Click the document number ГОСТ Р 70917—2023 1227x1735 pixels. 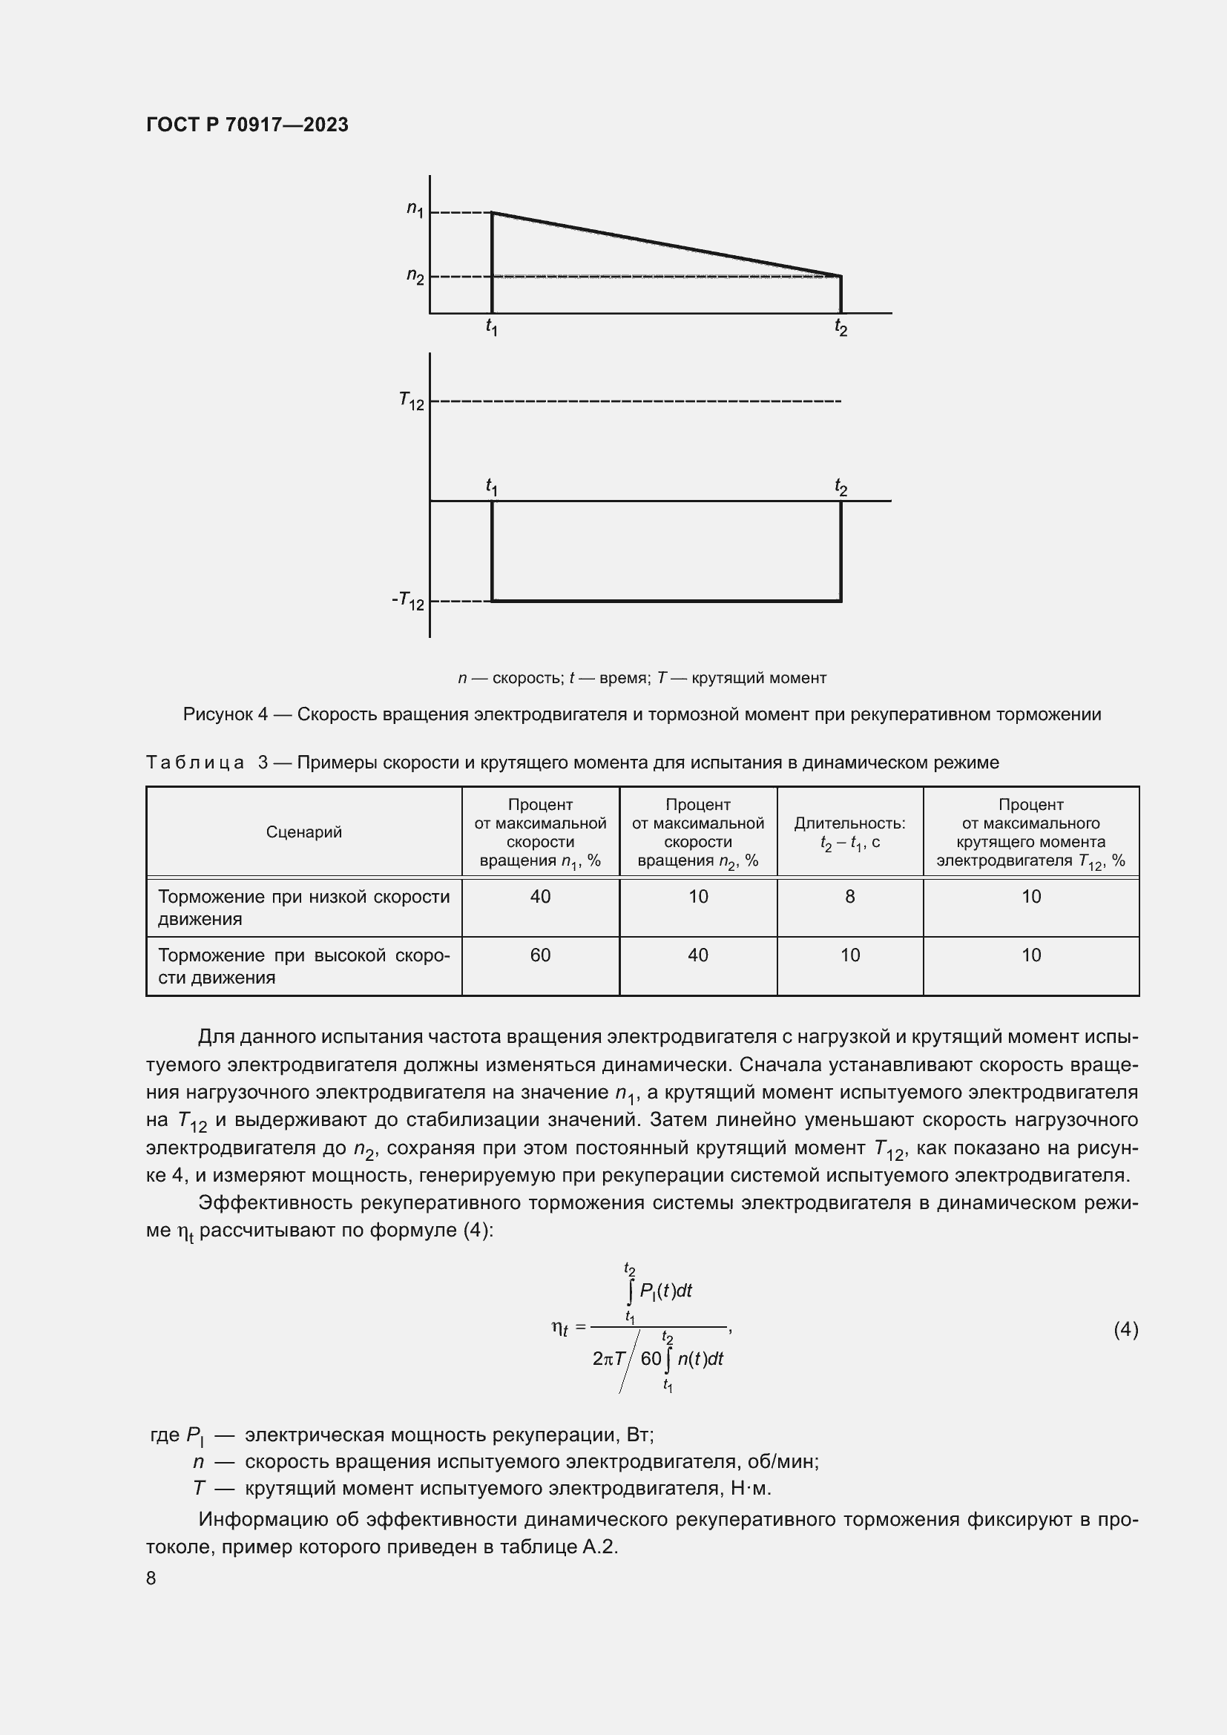pyautogui.click(x=247, y=125)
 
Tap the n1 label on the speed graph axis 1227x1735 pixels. pyautogui.click(x=415, y=208)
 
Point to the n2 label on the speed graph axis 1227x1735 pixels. pyautogui.click(x=415, y=275)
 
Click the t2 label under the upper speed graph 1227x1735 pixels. pyautogui.click(x=841, y=327)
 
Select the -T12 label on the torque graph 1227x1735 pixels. pyautogui.click(x=408, y=601)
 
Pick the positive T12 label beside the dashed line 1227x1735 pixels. pyautogui.click(x=412, y=401)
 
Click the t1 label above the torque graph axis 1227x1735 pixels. pyautogui.click(x=492, y=487)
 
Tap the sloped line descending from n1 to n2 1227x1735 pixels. pyautogui.click(x=665, y=244)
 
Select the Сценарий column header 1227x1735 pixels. pyautogui.click(x=303, y=832)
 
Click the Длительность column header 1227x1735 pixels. pyautogui.click(x=849, y=823)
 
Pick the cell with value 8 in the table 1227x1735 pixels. pyautogui.click(x=850, y=897)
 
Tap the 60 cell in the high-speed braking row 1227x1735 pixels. pyautogui.click(x=540, y=955)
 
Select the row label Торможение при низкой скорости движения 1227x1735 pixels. pyautogui.click(x=303, y=907)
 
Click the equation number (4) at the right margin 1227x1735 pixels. pyautogui.click(x=1126, y=1329)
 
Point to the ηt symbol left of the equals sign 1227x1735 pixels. pyautogui.click(x=560, y=1328)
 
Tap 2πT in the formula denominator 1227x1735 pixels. pyautogui.click(x=609, y=1359)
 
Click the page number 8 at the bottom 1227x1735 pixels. pyautogui.click(x=151, y=1578)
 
